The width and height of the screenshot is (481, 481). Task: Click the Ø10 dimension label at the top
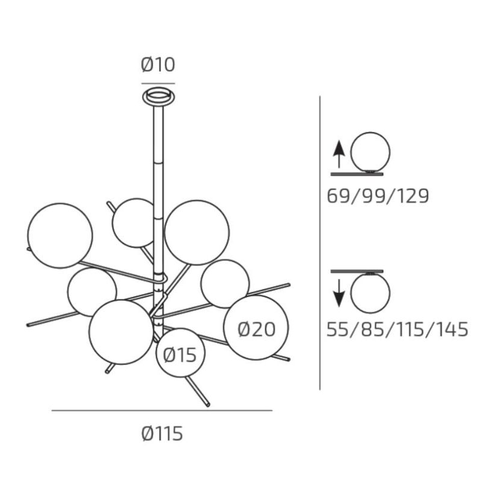coord(158,65)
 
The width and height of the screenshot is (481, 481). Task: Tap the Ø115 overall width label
coord(162,434)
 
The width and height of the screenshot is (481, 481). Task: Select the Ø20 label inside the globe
coord(257,329)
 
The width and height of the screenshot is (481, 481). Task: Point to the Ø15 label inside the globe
coord(180,355)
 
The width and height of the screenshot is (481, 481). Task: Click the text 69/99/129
coord(378,196)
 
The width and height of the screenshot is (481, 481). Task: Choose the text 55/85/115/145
coord(397,329)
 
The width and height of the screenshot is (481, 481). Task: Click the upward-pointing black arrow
coord(339,155)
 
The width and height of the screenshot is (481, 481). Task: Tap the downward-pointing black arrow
coord(339,293)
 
